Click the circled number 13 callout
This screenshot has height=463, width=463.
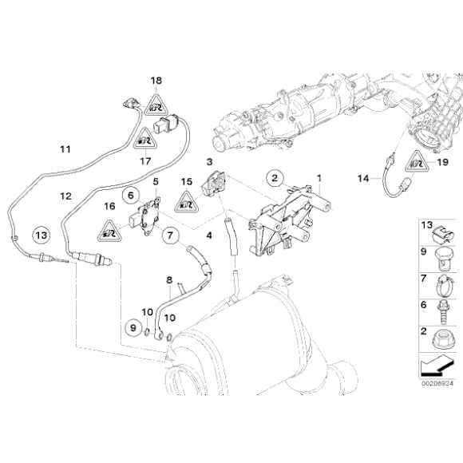42,235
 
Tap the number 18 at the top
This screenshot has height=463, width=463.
157,81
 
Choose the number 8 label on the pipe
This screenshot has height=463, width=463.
168,280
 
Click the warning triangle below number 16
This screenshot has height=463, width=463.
108,231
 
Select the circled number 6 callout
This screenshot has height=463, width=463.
127,193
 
